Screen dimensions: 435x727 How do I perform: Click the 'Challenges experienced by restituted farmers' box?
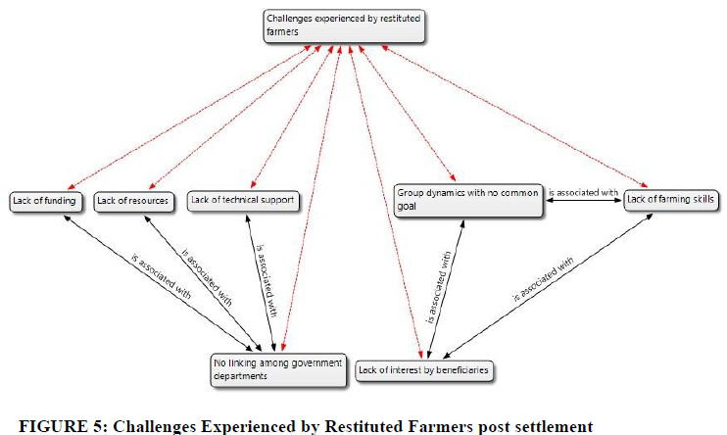(x=344, y=25)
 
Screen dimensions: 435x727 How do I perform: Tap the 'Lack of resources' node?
(x=132, y=202)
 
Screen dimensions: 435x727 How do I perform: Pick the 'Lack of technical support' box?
(x=241, y=200)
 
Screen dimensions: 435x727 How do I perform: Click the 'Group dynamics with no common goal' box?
(x=466, y=200)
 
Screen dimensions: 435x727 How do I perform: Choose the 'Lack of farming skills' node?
(x=671, y=200)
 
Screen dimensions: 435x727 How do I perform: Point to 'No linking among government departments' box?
(x=277, y=368)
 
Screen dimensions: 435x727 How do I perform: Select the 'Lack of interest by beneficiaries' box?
(x=423, y=370)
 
